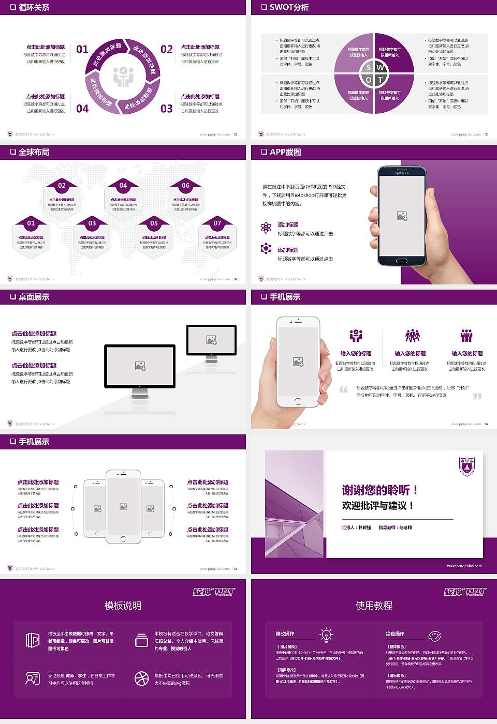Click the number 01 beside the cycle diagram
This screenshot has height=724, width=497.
coord(82,50)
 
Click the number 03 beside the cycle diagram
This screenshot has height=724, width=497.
coord(166,109)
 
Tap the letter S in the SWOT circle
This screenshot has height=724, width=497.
coord(368,67)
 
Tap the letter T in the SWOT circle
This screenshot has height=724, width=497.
coord(381,80)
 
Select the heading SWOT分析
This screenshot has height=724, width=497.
coord(289,7)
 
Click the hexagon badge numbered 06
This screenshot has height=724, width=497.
coord(185,186)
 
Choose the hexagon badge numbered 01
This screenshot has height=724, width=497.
coord(31,223)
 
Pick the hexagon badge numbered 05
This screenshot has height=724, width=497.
coord(154,223)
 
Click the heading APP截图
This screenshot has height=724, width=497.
coord(285,152)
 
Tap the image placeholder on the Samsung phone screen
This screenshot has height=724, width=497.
coord(402,216)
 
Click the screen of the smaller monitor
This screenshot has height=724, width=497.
coord(211,339)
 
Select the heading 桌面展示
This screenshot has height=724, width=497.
coord(34,297)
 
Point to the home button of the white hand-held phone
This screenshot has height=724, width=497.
coord(298,401)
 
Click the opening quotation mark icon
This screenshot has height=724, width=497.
coord(344,389)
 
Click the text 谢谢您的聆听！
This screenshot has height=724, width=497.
coord(379,490)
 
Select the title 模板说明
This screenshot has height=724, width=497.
coord(123,606)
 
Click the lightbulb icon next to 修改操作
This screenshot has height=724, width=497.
coord(326,635)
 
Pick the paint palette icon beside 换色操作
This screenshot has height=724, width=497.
coord(435,636)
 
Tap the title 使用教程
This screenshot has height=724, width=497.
coord(374,606)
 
